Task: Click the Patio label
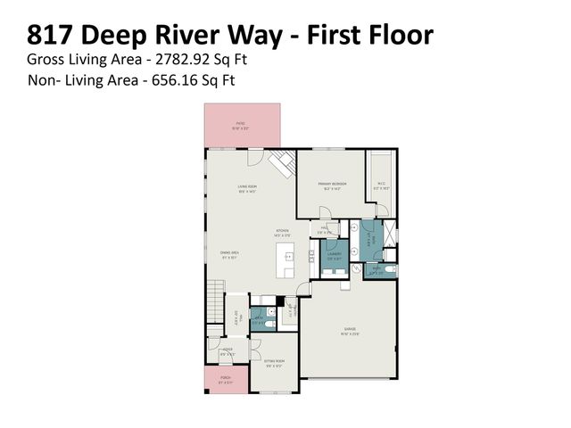[241, 124]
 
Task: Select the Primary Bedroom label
[331, 185]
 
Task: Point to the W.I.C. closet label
[381, 185]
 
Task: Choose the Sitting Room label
[273, 364]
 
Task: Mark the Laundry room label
[333, 255]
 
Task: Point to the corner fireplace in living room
[283, 164]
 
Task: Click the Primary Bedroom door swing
[325, 213]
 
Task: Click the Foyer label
[228, 352]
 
